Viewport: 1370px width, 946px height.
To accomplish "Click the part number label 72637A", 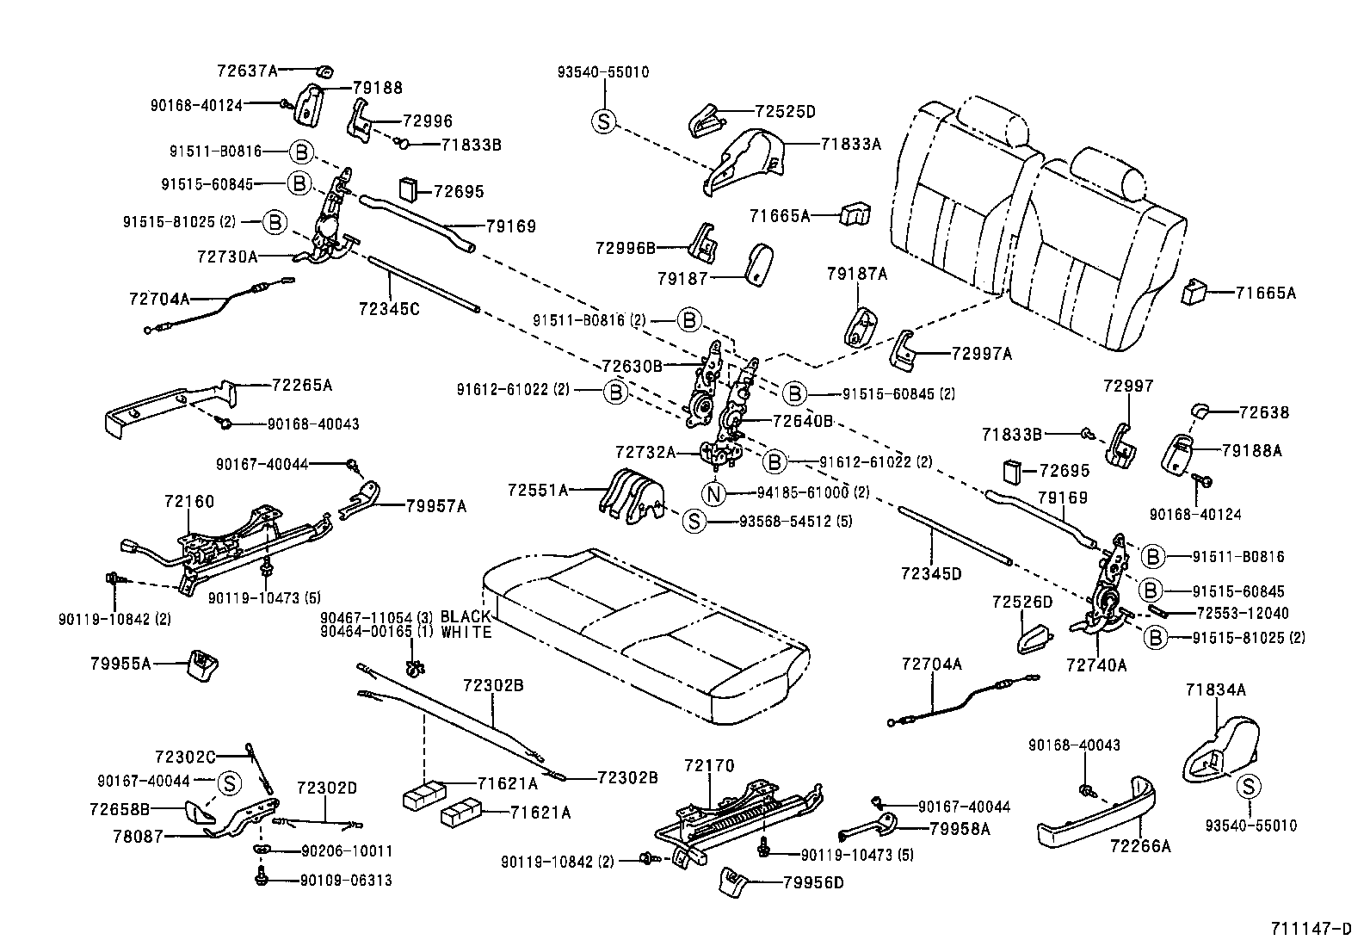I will [248, 70].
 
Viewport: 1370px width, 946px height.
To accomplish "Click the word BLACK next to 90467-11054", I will [466, 616].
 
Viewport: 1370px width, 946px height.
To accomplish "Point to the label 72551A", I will [539, 490].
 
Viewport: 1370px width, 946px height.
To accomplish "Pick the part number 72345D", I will [931, 573].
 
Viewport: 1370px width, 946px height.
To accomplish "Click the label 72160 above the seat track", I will [189, 501].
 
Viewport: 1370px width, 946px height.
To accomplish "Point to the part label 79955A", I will [120, 663].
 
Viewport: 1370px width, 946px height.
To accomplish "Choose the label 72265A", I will [302, 385].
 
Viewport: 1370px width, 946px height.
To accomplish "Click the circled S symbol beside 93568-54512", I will [694, 522].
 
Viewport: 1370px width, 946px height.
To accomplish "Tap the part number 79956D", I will [813, 882].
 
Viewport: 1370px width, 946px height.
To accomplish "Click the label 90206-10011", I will [346, 850].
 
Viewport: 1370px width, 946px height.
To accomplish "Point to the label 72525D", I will [785, 111].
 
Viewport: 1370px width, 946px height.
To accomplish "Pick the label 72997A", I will [982, 353].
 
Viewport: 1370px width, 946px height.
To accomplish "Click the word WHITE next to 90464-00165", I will [466, 633].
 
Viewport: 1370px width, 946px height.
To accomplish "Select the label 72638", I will [1263, 412].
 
